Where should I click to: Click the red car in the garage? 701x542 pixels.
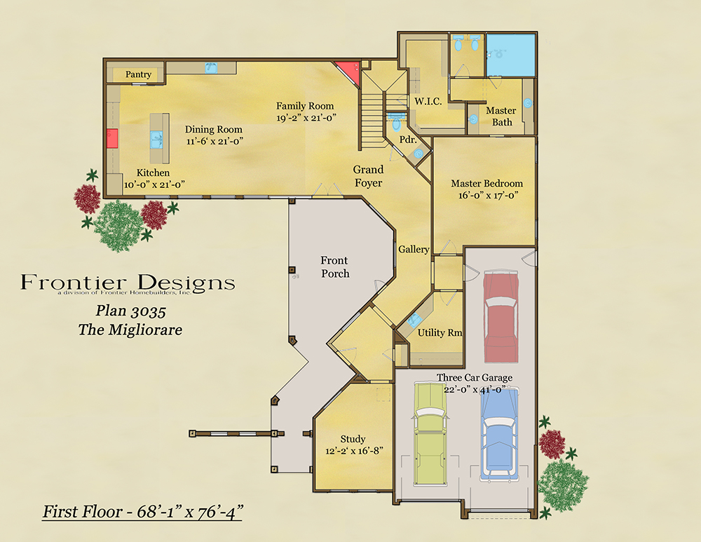click(x=501, y=316)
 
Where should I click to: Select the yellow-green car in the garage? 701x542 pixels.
click(x=430, y=434)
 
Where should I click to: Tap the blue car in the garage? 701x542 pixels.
click(x=499, y=434)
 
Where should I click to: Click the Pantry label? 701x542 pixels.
click(x=138, y=74)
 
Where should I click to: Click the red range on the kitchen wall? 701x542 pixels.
click(x=112, y=139)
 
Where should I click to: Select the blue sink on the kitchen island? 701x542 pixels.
click(x=156, y=139)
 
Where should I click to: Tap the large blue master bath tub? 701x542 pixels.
click(x=510, y=55)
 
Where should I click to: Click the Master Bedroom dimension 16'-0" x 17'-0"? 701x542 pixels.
click(x=488, y=196)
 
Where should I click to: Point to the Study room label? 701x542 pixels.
click(x=353, y=439)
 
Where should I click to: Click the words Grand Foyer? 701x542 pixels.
click(x=368, y=176)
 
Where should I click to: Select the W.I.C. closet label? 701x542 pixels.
click(x=428, y=102)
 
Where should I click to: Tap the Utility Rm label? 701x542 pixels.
click(x=440, y=333)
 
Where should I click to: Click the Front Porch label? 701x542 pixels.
click(x=335, y=267)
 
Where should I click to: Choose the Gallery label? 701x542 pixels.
click(x=414, y=250)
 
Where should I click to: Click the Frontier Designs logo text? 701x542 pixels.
click(x=128, y=283)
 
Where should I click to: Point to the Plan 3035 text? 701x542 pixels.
click(x=131, y=311)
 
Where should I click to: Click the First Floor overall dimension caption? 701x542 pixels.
click(x=142, y=512)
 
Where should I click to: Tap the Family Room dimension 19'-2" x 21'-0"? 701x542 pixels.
click(x=306, y=118)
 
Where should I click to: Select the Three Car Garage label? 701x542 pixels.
click(x=475, y=378)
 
